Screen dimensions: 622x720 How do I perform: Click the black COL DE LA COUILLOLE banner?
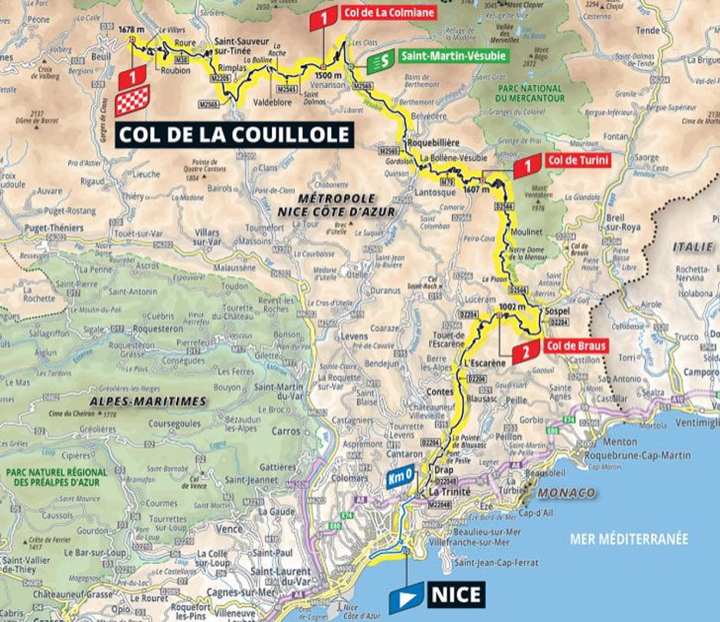[234, 135]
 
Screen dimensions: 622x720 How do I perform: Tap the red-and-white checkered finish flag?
[133, 100]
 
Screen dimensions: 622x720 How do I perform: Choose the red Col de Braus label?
[575, 346]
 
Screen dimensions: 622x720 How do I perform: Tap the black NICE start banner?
[456, 594]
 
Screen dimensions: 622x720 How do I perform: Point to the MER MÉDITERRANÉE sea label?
[629, 539]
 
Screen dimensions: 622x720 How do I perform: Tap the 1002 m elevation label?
[511, 306]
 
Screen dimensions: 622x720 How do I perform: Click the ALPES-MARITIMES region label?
[147, 401]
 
